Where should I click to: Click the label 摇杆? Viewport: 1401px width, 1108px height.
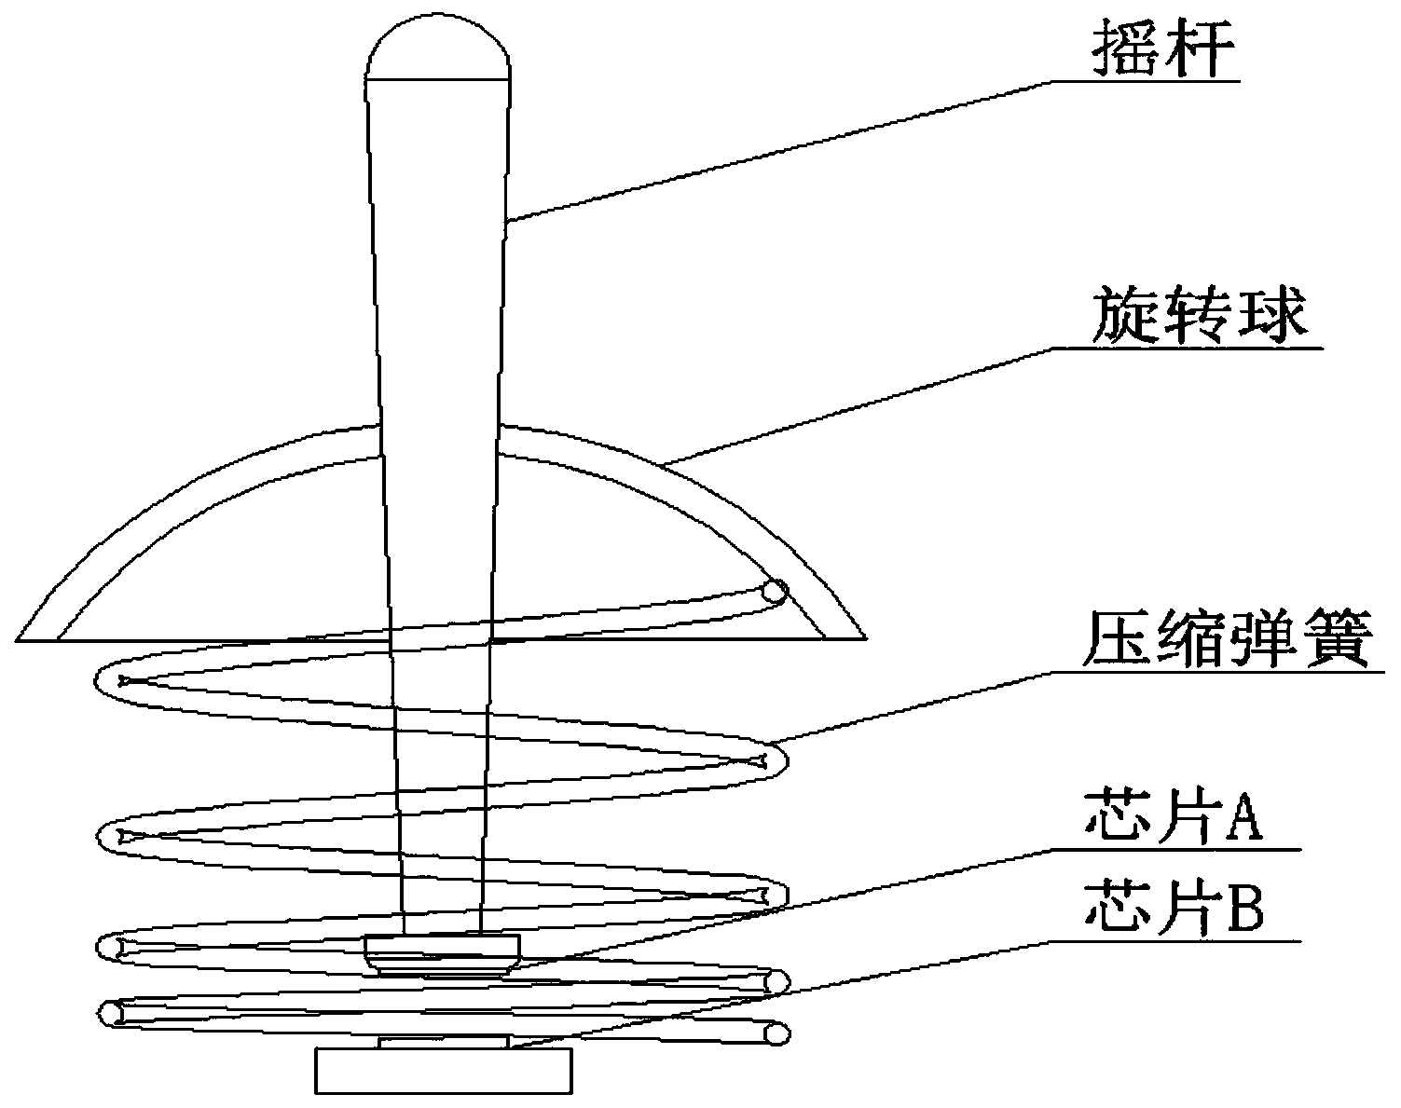click(x=1165, y=54)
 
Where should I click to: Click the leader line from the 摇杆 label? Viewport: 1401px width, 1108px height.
click(x=783, y=149)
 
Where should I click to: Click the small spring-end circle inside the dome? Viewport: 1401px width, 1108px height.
click(x=774, y=592)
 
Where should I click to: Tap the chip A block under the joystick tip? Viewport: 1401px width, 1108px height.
click(x=442, y=954)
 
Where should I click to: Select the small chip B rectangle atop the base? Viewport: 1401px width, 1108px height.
click(x=444, y=1042)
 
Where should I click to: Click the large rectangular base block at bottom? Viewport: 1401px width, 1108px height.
click(x=444, y=1071)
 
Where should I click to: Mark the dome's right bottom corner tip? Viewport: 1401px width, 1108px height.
click(x=864, y=638)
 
